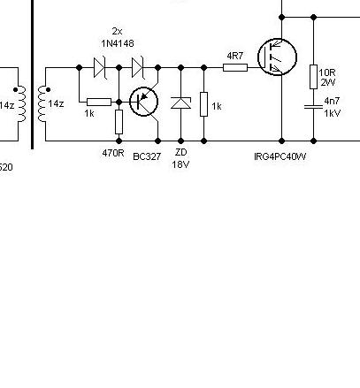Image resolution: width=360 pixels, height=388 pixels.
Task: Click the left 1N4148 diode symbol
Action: [x=99, y=66]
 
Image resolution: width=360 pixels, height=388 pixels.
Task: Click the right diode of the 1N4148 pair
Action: [x=137, y=66]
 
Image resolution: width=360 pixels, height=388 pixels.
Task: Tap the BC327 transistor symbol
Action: [x=143, y=102]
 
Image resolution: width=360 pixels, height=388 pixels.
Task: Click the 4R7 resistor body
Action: [x=234, y=66]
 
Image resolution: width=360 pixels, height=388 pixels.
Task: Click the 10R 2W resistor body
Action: [x=313, y=77]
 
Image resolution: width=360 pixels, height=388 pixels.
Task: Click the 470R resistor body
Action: [x=119, y=122]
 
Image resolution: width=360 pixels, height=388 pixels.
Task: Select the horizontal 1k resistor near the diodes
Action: [x=99, y=102]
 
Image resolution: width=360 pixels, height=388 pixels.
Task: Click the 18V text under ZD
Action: [x=180, y=164]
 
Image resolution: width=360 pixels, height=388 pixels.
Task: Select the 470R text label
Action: [x=113, y=154]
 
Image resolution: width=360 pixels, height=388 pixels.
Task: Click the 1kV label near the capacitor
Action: [x=333, y=113]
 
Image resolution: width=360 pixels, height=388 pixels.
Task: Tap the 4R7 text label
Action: [x=234, y=55]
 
